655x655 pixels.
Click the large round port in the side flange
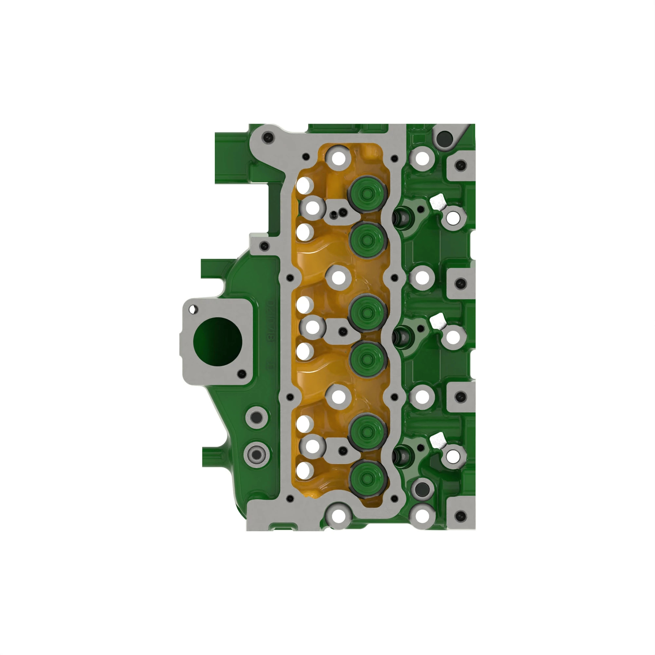tap(218, 341)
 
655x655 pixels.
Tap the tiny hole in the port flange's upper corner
tap(194, 309)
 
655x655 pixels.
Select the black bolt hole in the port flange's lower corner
tap(242, 374)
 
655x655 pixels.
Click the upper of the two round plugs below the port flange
tap(257, 417)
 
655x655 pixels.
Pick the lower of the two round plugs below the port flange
tap(257, 454)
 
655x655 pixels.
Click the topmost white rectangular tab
tap(438, 203)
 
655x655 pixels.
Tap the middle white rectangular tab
tap(438, 321)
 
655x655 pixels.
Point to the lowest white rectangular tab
tap(438, 440)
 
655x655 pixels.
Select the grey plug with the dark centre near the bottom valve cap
tap(422, 489)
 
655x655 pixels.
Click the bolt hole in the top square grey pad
tap(460, 165)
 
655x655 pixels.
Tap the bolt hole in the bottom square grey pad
tap(460, 517)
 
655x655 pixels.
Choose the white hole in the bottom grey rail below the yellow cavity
tap(338, 516)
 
